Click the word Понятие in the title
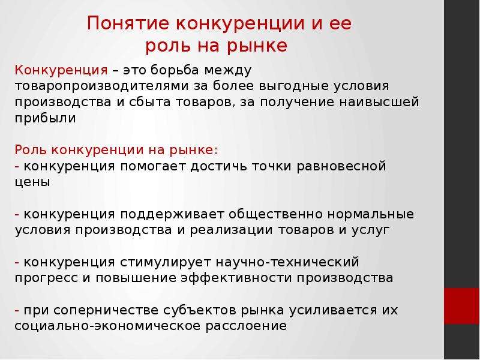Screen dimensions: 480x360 click(x=128, y=23)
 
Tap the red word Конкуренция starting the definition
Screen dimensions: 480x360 click(x=61, y=70)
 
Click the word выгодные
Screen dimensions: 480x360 click(x=293, y=86)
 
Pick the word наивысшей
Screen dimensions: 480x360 click(x=379, y=102)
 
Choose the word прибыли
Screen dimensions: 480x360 click(x=46, y=118)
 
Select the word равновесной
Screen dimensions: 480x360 click(x=341, y=167)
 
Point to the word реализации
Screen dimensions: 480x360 click(x=231, y=230)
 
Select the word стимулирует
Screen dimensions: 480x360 click(x=166, y=262)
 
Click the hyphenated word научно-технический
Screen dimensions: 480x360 click(x=288, y=262)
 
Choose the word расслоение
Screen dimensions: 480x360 click(x=246, y=326)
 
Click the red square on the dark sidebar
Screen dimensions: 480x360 click(x=462, y=306)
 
